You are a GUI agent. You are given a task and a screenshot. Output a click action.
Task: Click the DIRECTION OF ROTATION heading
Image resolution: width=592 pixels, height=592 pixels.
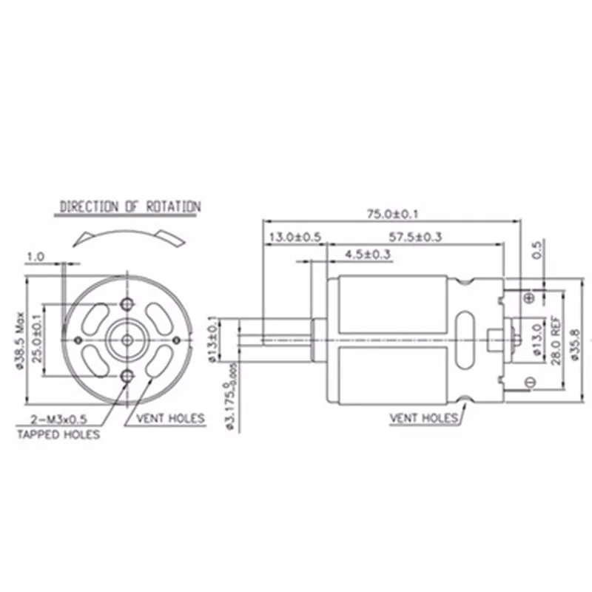[129, 206]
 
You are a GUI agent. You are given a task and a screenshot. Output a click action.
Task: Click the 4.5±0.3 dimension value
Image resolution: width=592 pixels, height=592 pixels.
[368, 255]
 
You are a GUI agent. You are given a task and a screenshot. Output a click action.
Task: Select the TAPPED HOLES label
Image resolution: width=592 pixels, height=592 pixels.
[58, 434]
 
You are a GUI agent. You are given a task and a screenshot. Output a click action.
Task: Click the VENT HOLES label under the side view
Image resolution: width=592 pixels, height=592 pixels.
[424, 418]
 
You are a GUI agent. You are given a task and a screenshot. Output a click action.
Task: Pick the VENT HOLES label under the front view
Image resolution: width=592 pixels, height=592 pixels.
[169, 418]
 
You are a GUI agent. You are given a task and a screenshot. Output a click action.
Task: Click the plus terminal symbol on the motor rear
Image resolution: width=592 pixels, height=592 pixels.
[528, 297]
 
